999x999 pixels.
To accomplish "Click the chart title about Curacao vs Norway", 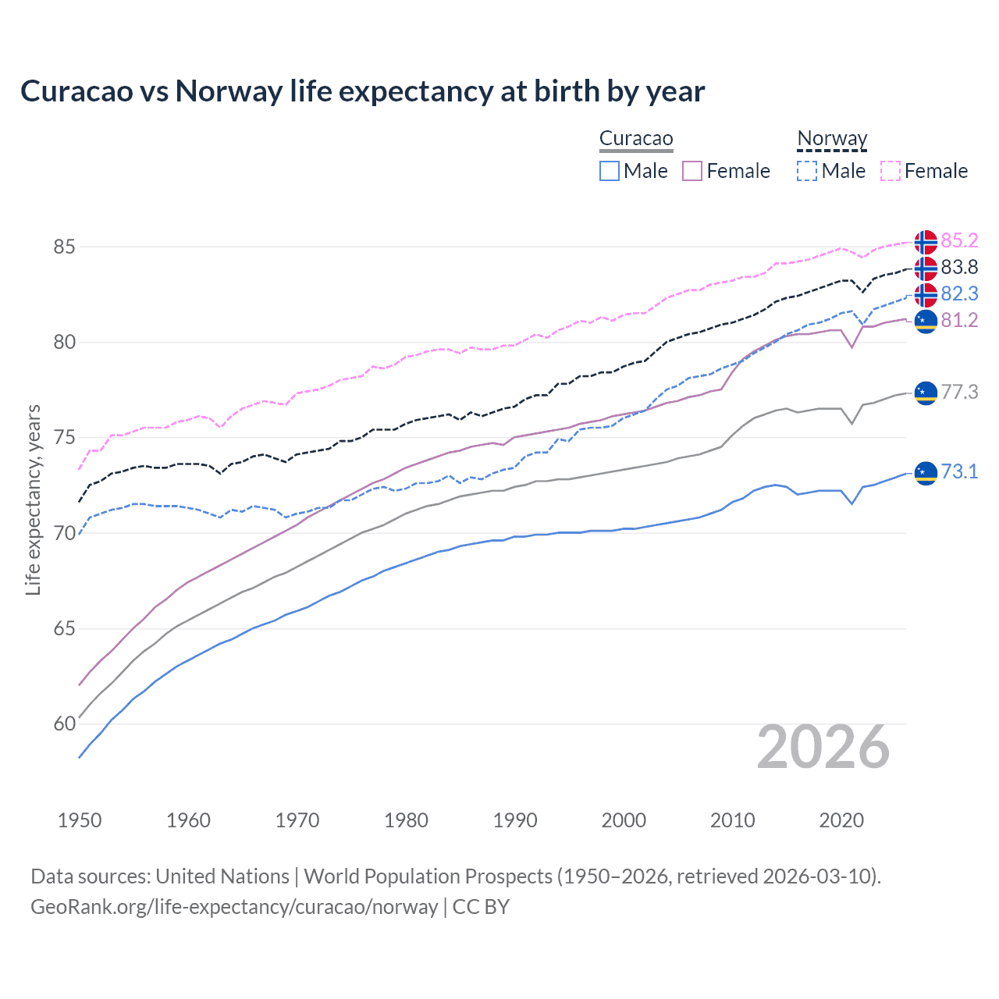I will (362, 91).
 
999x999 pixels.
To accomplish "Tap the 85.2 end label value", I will (959, 240).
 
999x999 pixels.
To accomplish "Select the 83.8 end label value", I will (959, 267).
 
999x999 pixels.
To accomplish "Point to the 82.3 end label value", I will (959, 293).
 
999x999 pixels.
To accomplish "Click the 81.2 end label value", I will (959, 320).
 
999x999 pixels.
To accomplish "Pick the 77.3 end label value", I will (959, 392).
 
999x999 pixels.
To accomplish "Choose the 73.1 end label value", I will (959, 471).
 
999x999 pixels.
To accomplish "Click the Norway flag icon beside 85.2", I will (926, 242).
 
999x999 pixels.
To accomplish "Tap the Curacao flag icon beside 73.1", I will (926, 473).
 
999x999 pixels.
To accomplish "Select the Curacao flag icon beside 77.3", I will (926, 393).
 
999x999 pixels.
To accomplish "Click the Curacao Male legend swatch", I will (610, 171).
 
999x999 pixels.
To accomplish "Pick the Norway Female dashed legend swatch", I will (891, 171).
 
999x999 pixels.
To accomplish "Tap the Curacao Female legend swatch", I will (692, 171).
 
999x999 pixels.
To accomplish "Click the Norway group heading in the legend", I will (832, 139).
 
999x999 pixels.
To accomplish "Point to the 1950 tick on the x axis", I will (80, 820).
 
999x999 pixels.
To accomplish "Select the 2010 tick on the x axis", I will (732, 820).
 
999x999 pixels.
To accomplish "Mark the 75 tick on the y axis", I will (64, 438).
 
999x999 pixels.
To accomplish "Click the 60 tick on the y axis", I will (64, 724).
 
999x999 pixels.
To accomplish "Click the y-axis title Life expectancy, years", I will (33, 499).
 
